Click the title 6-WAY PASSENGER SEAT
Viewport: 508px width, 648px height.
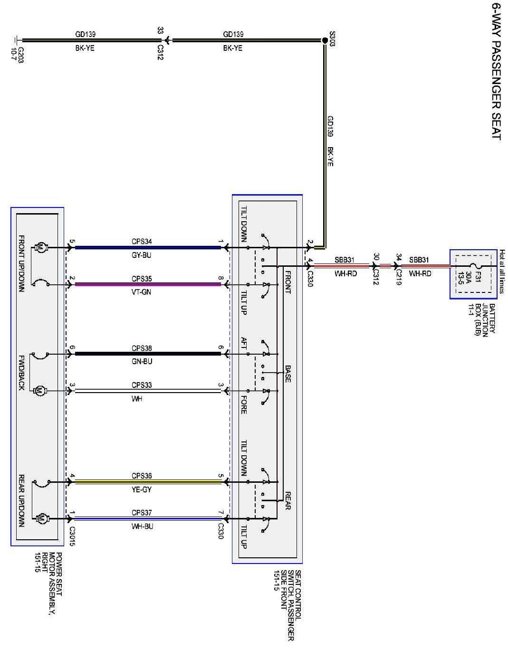click(x=496, y=71)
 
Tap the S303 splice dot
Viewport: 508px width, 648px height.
click(x=325, y=41)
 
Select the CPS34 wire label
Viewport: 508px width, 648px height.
click(x=142, y=242)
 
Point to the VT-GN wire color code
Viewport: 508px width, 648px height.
click(x=142, y=292)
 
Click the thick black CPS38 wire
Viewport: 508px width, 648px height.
click(x=147, y=354)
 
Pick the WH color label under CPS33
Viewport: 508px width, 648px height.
click(x=137, y=399)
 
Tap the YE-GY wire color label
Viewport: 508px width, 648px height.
click(x=142, y=489)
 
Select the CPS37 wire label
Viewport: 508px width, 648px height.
click(x=142, y=513)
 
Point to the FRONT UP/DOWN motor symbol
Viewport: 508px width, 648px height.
click(x=40, y=247)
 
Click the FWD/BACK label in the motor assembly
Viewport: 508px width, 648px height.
click(x=21, y=373)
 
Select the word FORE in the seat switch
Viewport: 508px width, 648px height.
click(x=243, y=404)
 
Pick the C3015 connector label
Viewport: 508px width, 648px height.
click(x=72, y=536)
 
